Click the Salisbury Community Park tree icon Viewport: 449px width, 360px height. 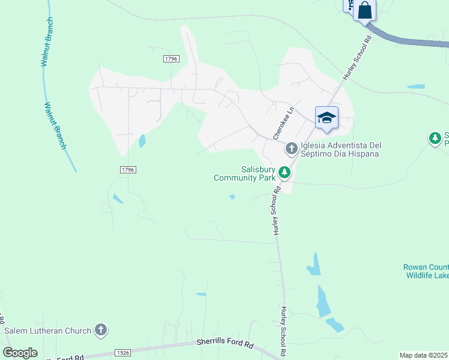(x=284, y=173)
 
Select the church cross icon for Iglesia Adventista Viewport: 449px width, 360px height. (x=291, y=147)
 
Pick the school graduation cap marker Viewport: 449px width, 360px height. (x=327, y=118)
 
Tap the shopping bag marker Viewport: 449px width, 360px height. (x=364, y=10)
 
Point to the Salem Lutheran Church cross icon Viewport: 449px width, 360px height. (x=101, y=329)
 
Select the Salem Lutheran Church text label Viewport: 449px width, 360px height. (x=47, y=331)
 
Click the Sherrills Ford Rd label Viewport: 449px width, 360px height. (x=225, y=344)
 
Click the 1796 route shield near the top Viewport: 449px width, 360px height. (x=171, y=58)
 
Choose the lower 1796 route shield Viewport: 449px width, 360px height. (x=127, y=170)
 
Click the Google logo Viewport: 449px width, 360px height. (x=20, y=352)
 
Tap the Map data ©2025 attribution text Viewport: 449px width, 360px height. (x=424, y=355)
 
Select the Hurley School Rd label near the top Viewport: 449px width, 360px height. (x=358, y=58)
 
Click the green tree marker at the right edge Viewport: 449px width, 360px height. (x=435, y=139)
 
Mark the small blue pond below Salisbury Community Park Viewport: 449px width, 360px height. (x=232, y=196)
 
